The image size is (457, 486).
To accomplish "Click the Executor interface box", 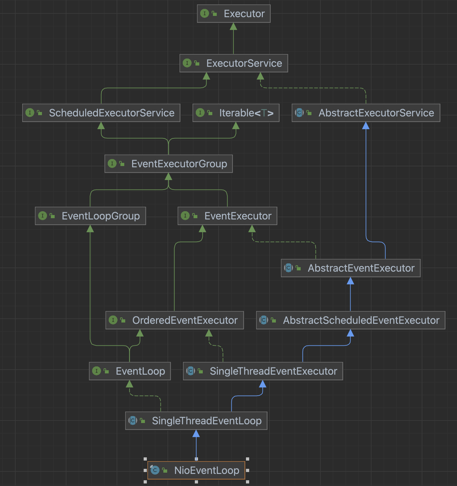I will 234,14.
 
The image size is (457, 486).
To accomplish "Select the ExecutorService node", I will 234,63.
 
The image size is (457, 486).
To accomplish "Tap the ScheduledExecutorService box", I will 101,113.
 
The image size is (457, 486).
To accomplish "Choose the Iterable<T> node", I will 236,113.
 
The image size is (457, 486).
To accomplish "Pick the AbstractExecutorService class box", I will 366,113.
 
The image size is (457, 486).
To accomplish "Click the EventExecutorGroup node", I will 168,164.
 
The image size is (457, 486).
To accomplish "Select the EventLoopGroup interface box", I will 90,216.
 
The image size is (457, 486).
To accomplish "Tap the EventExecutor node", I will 227,216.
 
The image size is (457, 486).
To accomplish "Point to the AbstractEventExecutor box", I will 351,268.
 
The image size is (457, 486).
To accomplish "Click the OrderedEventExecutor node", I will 174,320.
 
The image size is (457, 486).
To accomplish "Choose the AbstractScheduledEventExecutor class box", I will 351,320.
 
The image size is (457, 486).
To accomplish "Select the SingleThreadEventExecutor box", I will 263,371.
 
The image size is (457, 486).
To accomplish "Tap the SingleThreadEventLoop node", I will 196,421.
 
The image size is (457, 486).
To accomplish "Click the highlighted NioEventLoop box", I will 196,470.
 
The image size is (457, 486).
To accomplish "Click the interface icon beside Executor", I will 205,14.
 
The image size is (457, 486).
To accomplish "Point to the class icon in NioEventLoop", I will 155,470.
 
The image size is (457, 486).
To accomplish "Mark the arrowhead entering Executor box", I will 234,26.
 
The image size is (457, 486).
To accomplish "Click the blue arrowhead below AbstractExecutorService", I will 366,126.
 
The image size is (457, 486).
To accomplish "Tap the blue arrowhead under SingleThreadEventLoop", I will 196,434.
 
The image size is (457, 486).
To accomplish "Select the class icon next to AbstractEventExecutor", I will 288,268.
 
